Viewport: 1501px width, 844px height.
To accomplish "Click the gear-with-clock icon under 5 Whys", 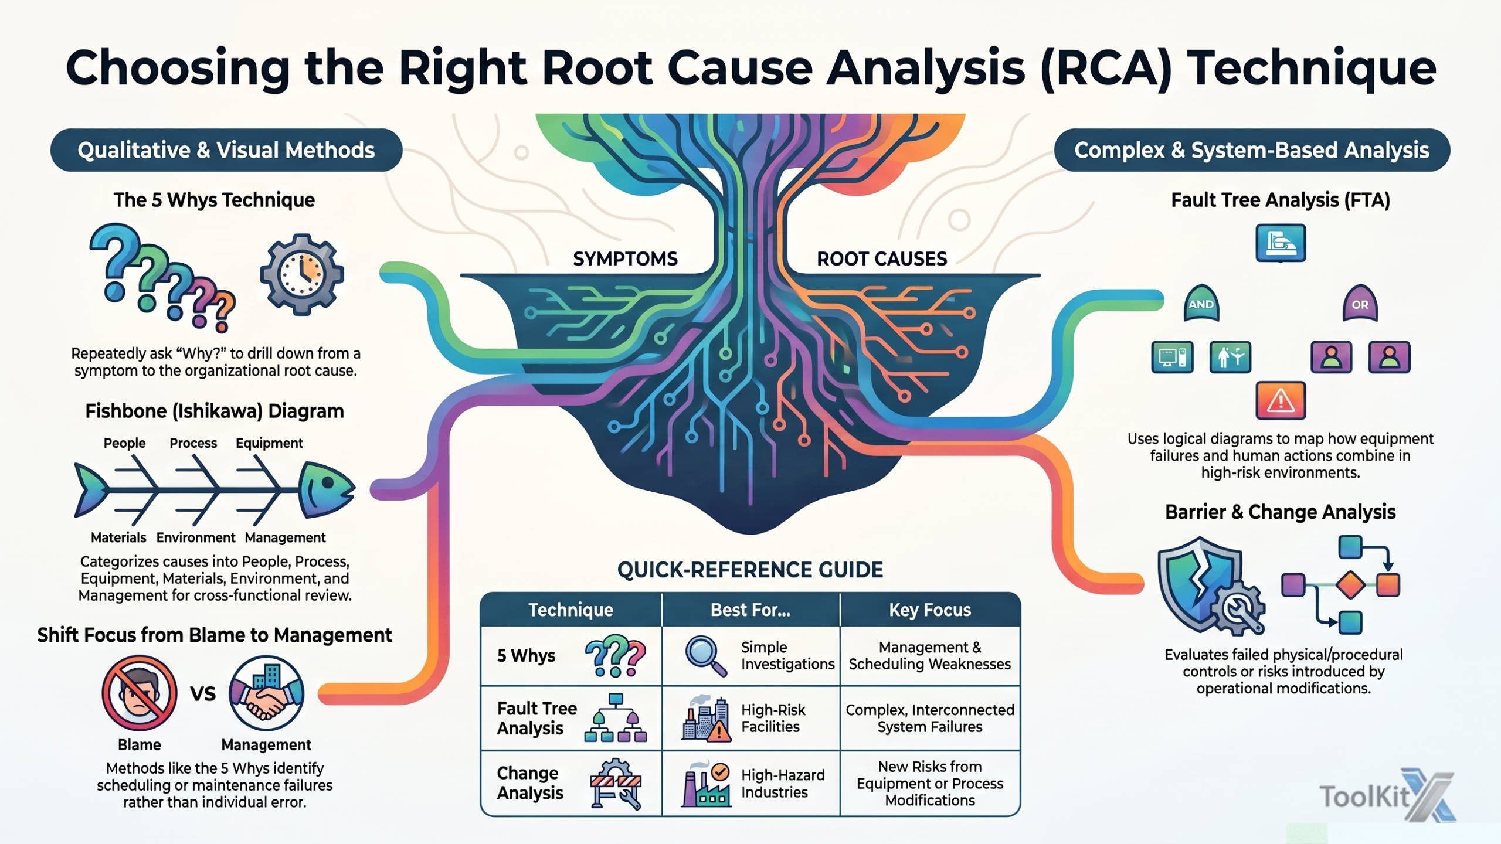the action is (302, 274).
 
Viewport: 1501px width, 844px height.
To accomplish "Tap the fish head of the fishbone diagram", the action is (326, 490).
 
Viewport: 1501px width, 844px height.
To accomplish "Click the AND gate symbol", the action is (1201, 304).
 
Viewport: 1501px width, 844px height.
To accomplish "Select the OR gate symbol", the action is (1360, 304).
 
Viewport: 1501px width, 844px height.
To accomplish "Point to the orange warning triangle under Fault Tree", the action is (1281, 401).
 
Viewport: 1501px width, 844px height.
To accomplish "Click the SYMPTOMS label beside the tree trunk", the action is (625, 258).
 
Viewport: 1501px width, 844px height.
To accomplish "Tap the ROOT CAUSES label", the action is (882, 258).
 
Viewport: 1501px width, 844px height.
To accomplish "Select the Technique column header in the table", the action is (570, 610).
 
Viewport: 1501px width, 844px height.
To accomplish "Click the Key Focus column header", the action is (930, 610).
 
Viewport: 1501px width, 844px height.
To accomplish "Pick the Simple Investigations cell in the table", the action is (787, 655).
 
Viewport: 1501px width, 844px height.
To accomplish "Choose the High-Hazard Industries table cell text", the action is (783, 784).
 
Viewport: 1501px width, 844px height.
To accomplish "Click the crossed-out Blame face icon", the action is (140, 693).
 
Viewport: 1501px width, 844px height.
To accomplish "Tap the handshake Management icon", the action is (266, 693).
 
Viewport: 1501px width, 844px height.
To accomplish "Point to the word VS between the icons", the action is (203, 694).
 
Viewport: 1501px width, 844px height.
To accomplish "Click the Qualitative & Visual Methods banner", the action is (226, 150).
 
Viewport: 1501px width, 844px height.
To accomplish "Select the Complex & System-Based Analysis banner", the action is (1252, 150).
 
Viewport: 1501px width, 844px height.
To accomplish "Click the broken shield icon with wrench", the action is (1211, 586).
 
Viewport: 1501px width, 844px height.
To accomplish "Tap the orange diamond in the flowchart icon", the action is (1351, 585).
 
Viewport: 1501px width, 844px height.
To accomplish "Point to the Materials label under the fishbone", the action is (118, 537).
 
